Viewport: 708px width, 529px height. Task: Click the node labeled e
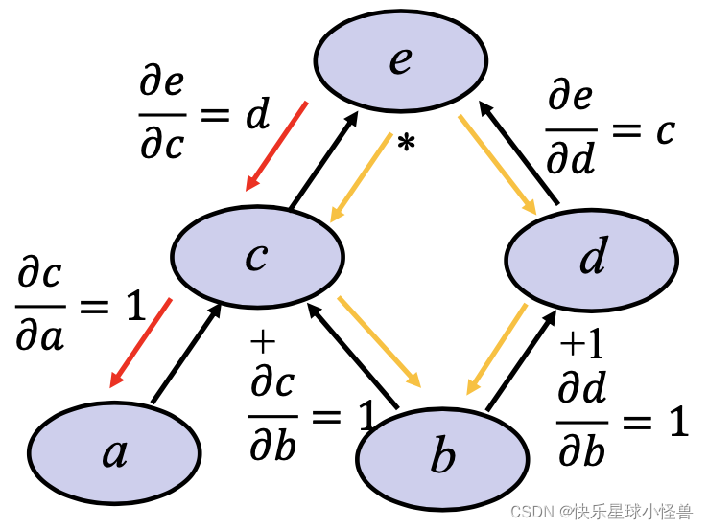(x=400, y=59)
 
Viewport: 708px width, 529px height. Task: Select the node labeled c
(x=257, y=256)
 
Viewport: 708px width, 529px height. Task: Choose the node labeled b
(x=442, y=458)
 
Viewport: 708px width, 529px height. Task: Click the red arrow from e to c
(x=276, y=146)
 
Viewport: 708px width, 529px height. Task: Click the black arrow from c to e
(x=324, y=158)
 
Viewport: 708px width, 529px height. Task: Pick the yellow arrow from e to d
(x=498, y=165)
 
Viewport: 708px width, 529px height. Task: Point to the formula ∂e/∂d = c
(x=610, y=129)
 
